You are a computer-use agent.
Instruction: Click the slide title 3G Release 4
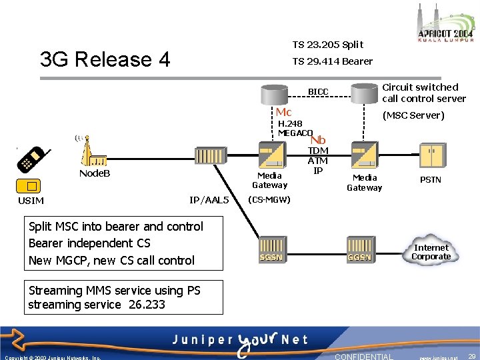point(105,59)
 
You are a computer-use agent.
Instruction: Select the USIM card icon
point(31,186)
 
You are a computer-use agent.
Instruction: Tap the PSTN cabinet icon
point(431,156)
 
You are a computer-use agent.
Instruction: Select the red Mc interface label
point(283,112)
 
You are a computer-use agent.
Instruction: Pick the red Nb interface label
point(318,140)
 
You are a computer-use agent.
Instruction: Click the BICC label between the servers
point(318,91)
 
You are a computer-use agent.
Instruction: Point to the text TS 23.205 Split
point(328,45)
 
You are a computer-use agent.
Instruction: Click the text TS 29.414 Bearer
point(333,61)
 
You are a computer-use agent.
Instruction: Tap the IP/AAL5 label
point(209,200)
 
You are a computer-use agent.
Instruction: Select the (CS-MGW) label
point(269,199)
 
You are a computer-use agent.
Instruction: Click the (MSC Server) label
point(413,115)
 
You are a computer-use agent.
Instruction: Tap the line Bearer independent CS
point(89,243)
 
